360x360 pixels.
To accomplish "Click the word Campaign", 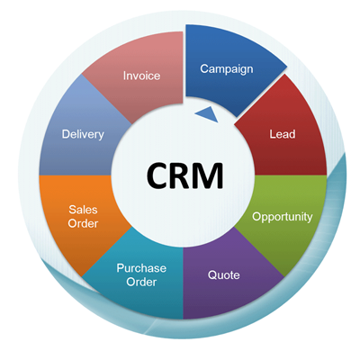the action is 227,69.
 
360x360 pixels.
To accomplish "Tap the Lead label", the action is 283,134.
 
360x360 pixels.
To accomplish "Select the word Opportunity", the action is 283,217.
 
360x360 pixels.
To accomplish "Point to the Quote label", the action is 224,275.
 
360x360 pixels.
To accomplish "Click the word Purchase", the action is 141,268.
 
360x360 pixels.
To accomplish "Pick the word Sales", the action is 83,210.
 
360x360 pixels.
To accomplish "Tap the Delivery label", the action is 83,134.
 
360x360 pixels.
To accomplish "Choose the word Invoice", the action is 141,76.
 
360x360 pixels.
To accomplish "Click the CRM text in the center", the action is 185,175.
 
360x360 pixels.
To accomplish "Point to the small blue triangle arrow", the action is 208,114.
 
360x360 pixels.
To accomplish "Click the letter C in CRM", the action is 158,175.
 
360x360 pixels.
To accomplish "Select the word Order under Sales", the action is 83,223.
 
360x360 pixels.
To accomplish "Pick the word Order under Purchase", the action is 141,282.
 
